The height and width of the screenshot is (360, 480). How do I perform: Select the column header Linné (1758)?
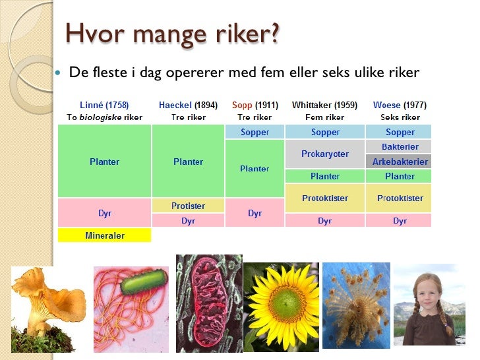104,105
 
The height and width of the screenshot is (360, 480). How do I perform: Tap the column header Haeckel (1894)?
188,105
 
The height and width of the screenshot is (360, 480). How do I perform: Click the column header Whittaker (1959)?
324,105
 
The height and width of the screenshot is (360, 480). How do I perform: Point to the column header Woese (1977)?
400,105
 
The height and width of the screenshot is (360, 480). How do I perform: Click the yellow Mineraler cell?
104,235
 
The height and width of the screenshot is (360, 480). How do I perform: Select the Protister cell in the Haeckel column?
188,206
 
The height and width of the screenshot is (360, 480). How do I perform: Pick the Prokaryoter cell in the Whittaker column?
324,154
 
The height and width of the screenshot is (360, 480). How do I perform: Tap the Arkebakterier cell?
400,162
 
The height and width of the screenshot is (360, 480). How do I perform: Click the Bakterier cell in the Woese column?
400,146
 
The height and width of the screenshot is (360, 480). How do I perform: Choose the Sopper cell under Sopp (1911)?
255,132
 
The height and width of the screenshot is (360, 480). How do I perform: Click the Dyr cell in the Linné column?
104,213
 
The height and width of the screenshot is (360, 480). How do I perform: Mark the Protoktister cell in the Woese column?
400,198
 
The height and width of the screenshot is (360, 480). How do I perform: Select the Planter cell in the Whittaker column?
324,176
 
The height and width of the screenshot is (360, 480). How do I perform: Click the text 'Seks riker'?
400,117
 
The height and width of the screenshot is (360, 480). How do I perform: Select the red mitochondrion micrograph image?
208,303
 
